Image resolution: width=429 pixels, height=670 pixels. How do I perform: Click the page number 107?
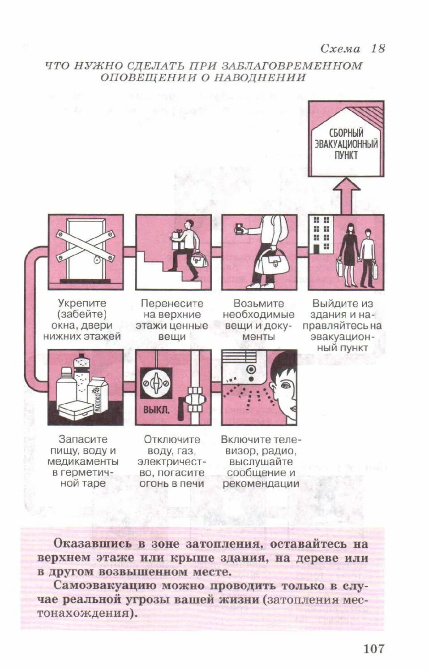pyautogui.click(x=373, y=648)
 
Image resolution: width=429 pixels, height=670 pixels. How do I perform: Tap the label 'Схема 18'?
pyautogui.click(x=352, y=48)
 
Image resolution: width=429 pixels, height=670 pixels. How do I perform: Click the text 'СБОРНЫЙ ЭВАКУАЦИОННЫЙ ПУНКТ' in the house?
pyautogui.click(x=346, y=144)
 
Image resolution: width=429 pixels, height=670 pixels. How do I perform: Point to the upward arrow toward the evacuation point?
pyautogui.click(x=346, y=195)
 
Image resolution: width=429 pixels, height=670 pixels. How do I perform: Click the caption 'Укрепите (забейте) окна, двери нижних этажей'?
pyautogui.click(x=82, y=320)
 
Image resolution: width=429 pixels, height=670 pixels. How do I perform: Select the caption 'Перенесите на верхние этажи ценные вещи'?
pyautogui.click(x=172, y=320)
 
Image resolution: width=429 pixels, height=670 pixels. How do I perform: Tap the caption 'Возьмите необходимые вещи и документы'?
pyautogui.click(x=258, y=320)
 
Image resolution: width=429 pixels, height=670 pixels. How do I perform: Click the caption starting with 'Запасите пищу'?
pyautogui.click(x=83, y=461)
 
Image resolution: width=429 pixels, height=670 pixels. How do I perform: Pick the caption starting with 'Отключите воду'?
pyautogui.click(x=172, y=461)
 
